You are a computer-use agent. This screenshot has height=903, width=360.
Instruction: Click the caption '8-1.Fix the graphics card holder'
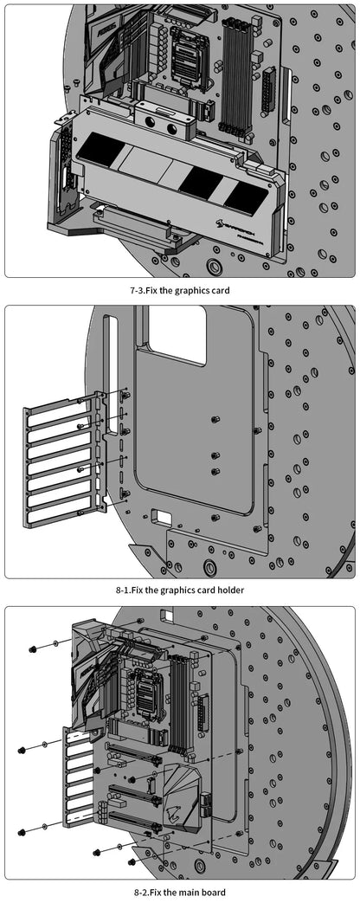point(180,590)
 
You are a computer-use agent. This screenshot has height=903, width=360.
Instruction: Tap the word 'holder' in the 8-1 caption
point(228,590)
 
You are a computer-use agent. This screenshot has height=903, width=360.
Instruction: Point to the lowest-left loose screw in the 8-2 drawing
point(22,832)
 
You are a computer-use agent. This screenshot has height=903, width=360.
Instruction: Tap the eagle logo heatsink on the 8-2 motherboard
point(178,801)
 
